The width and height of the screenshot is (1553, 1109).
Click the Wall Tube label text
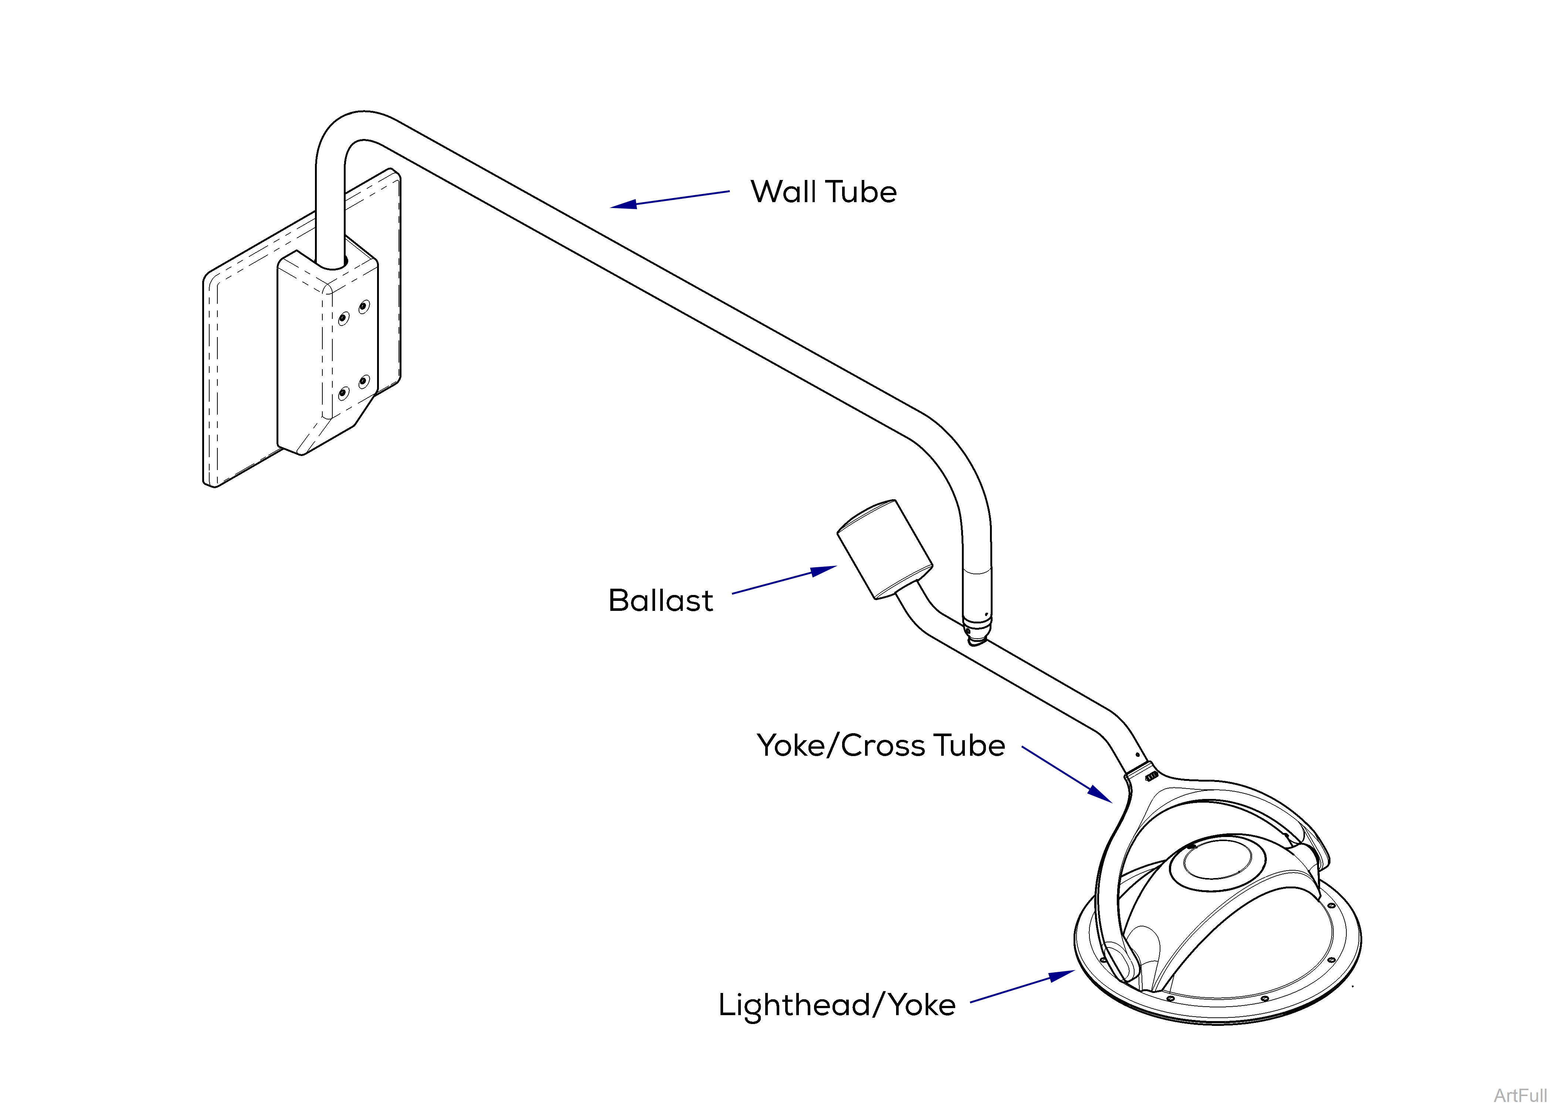point(823,192)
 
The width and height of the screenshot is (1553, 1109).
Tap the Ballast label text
point(660,601)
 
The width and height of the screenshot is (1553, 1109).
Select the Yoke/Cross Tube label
point(880,746)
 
